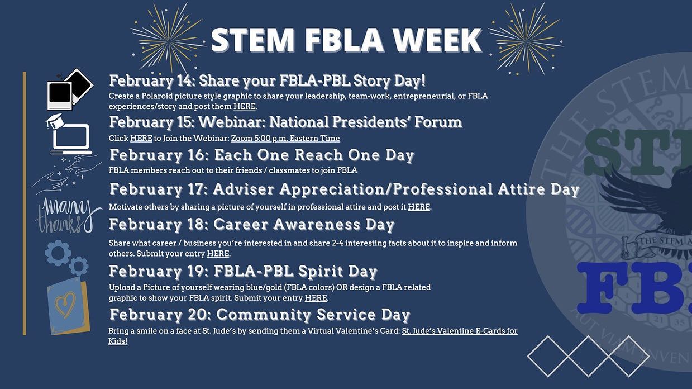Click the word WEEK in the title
pos(438,40)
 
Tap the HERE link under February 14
pos(245,106)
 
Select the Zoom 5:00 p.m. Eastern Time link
pos(285,138)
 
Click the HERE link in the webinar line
pos(141,138)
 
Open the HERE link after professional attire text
pos(419,207)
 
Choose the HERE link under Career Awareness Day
pos(218,254)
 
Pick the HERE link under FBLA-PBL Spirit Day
pos(316,298)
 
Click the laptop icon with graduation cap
pos(69,134)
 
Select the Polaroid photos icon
pos(70,89)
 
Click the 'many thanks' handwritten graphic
pos(68,216)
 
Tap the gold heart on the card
pos(65,305)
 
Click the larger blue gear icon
pos(58,253)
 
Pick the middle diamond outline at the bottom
pos(588,356)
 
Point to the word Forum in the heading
pos(438,122)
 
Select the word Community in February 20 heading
pos(264,315)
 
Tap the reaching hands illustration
pos(66,174)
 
